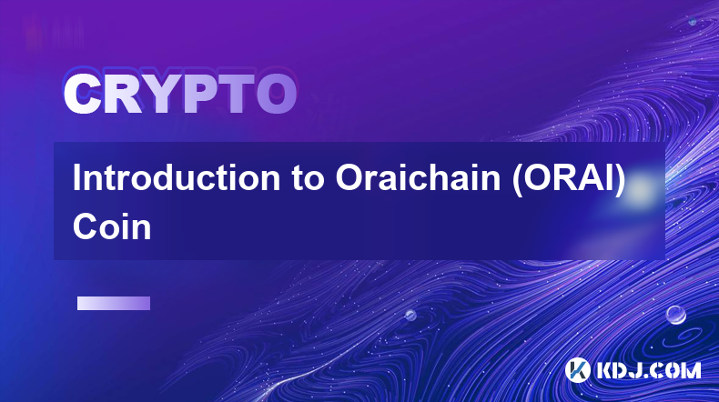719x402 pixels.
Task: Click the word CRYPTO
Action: [x=180, y=94]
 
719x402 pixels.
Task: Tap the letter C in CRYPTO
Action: [x=83, y=94]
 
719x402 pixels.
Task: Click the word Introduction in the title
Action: [x=177, y=178]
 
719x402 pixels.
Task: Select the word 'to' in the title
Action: [x=308, y=179]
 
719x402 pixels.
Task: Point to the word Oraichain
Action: [x=418, y=178]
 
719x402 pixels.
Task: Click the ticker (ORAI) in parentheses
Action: [x=569, y=179]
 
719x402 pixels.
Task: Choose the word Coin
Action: [x=112, y=226]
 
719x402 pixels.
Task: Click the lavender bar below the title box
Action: [x=114, y=304]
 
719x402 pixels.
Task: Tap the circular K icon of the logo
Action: [x=577, y=370]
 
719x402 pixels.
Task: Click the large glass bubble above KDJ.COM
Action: [x=675, y=315]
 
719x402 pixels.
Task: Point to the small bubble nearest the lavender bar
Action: [x=410, y=315]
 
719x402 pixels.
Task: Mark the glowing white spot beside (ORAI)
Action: [x=639, y=190]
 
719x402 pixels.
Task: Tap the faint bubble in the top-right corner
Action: [x=692, y=21]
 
